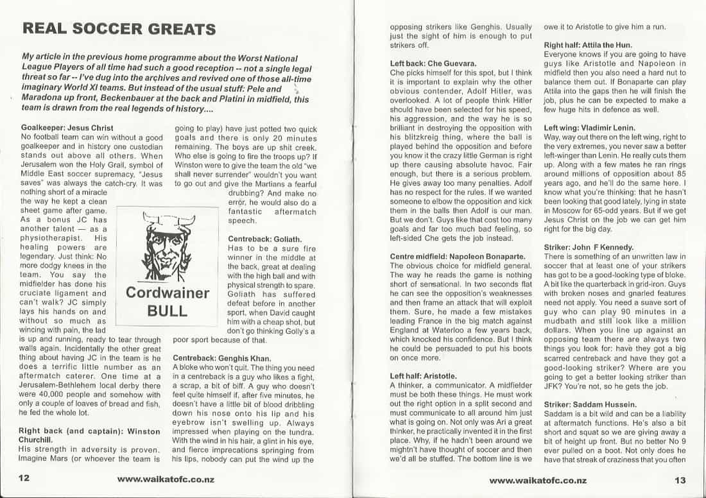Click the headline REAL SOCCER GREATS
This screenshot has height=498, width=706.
[119, 29]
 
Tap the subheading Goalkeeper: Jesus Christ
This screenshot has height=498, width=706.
[67, 127]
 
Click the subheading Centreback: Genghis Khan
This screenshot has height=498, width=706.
[217, 357]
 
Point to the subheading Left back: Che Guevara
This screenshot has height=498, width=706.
[433, 64]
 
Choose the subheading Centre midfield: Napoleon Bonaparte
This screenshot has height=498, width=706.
[458, 257]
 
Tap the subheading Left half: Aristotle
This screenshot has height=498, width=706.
[423, 376]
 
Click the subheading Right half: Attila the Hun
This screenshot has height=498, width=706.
[588, 45]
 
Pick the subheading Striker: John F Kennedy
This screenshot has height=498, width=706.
[589, 247]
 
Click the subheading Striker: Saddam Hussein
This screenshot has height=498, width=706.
[590, 404]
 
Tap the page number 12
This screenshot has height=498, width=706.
[25, 479]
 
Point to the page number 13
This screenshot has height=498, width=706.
[680, 480]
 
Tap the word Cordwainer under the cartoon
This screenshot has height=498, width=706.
[167, 293]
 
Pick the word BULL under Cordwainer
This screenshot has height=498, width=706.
[167, 311]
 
